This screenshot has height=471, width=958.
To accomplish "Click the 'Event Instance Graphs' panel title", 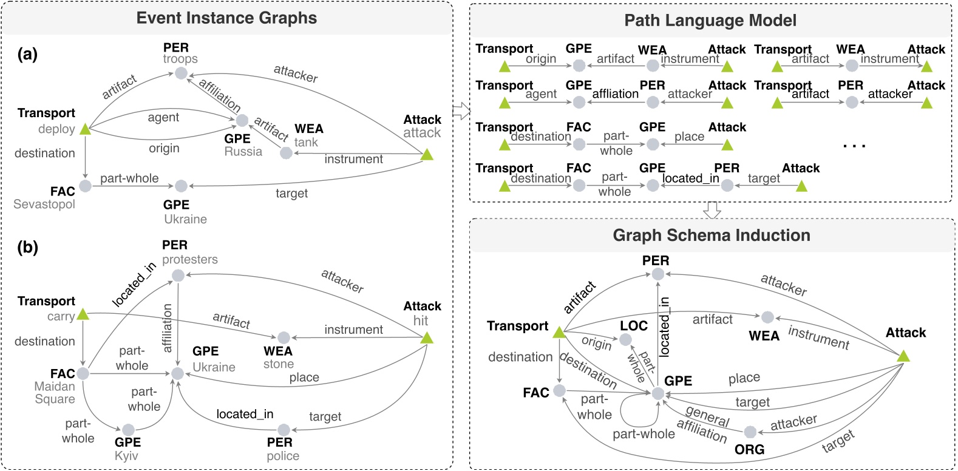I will tap(226, 18).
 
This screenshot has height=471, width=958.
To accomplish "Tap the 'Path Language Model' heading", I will tap(710, 21).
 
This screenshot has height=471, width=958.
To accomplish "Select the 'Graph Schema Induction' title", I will tap(711, 235).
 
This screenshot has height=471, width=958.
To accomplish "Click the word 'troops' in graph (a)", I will tap(180, 59).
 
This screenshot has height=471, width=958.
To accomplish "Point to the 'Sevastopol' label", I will tap(44, 204).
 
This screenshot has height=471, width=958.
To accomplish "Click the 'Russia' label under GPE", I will tap(243, 152).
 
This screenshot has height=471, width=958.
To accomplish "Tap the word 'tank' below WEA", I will tap(306, 143).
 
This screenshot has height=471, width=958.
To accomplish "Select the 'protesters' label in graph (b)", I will tap(189, 260).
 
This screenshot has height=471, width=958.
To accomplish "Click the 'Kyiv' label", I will tap(126, 456).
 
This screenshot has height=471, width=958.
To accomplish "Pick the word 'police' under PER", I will tap(283, 456).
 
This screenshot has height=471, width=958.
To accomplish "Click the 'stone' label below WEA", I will tap(279, 364).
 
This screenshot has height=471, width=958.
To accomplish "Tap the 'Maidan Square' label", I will tap(55, 393).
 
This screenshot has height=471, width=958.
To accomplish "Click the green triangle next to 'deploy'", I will tap(85, 129).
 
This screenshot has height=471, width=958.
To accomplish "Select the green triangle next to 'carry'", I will tap(83, 314).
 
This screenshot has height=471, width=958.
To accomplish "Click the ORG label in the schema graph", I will tap(749, 450).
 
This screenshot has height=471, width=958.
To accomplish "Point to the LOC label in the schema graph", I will tap(634, 326).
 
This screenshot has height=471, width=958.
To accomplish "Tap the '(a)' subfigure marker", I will tap(27, 54).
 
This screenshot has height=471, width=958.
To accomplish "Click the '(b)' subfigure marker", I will tap(27, 247).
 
